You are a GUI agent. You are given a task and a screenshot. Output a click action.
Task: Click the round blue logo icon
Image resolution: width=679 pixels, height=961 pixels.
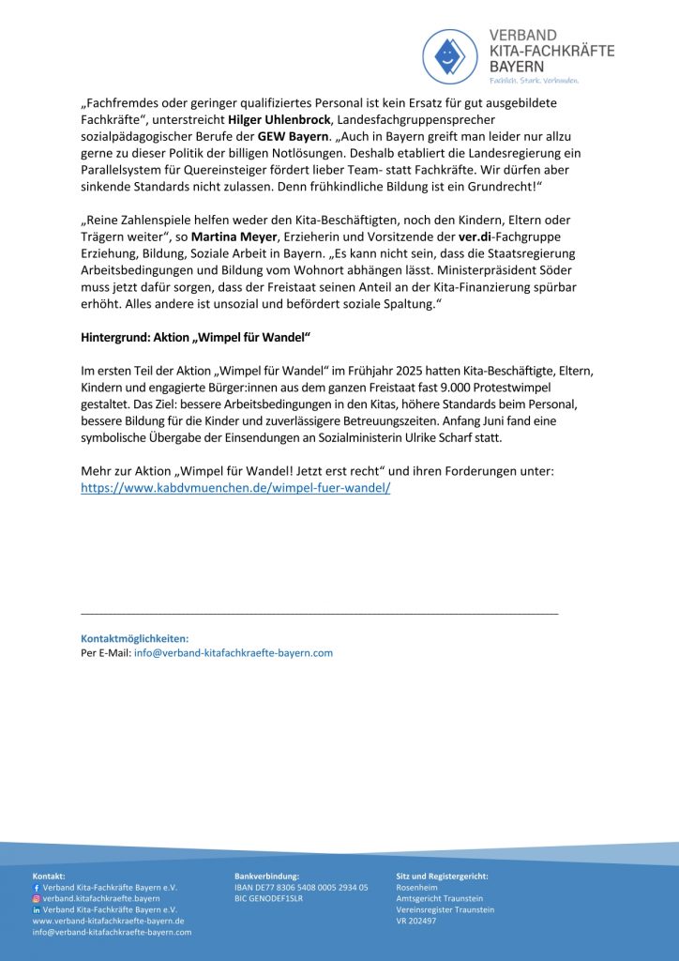click(x=450, y=56)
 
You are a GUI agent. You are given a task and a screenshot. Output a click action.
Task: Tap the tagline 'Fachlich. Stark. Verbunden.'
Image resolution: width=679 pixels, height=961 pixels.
click(x=534, y=81)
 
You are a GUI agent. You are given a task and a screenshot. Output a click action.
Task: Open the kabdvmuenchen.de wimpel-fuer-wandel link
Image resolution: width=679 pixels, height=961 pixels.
click(x=235, y=488)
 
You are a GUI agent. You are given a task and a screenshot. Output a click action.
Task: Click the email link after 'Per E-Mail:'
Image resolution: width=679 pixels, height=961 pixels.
click(x=233, y=652)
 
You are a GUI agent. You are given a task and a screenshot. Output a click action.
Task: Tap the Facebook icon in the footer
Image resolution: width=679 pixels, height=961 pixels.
click(x=37, y=887)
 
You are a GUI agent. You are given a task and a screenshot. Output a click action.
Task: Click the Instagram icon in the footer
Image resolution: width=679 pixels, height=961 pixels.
click(x=37, y=898)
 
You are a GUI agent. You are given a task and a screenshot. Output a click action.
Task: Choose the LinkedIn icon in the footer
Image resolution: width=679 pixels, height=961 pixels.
click(x=37, y=909)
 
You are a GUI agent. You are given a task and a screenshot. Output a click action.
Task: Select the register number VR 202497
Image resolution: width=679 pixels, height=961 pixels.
click(x=416, y=921)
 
